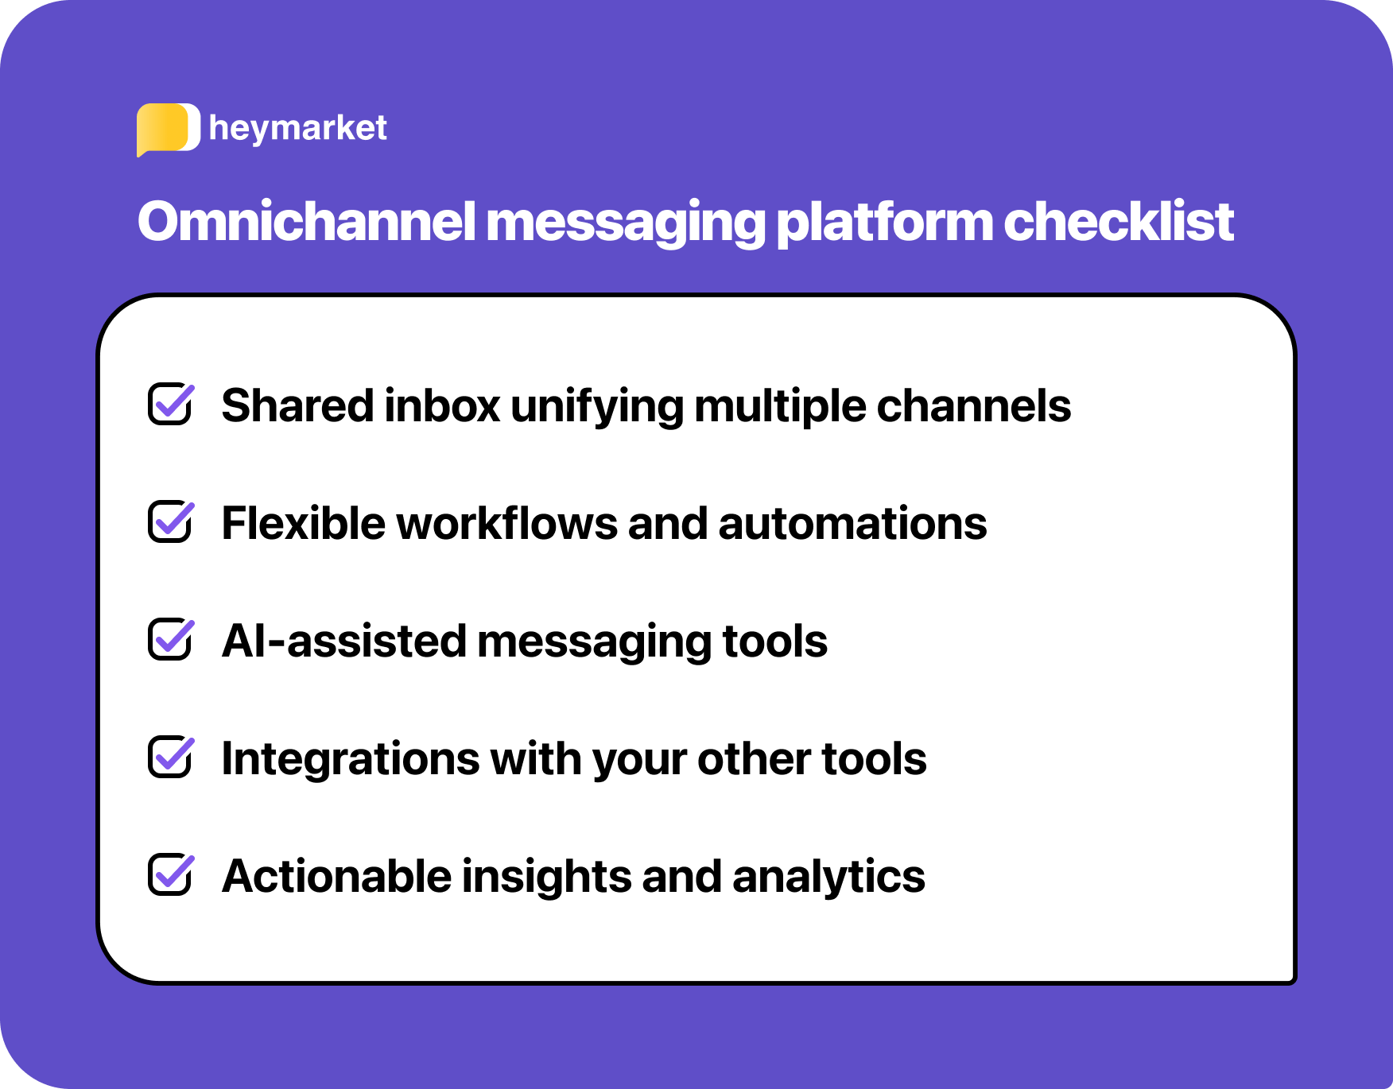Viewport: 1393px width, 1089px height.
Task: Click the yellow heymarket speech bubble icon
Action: (x=166, y=129)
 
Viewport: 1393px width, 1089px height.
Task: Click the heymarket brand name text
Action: (x=297, y=128)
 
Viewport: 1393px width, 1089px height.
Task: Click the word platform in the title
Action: (x=884, y=223)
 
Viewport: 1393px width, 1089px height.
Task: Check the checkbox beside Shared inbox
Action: (x=170, y=405)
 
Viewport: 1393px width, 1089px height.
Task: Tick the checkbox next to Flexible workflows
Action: (x=170, y=522)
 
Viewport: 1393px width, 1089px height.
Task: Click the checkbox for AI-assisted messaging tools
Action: (x=170, y=640)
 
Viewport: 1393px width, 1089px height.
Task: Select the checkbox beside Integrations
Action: (x=170, y=758)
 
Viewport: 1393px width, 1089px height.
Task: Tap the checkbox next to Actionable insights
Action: (x=170, y=875)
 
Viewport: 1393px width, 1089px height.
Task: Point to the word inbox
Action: (x=442, y=406)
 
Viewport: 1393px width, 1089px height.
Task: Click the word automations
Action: (x=852, y=524)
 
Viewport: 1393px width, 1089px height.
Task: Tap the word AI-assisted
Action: (x=343, y=641)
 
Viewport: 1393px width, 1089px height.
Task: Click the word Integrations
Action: (x=350, y=759)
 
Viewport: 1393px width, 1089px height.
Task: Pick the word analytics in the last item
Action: (x=828, y=877)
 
